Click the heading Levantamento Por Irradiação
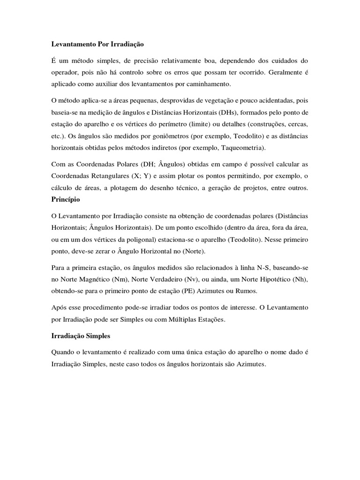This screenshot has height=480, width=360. click(97, 44)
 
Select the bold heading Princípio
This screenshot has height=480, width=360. click(66, 199)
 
